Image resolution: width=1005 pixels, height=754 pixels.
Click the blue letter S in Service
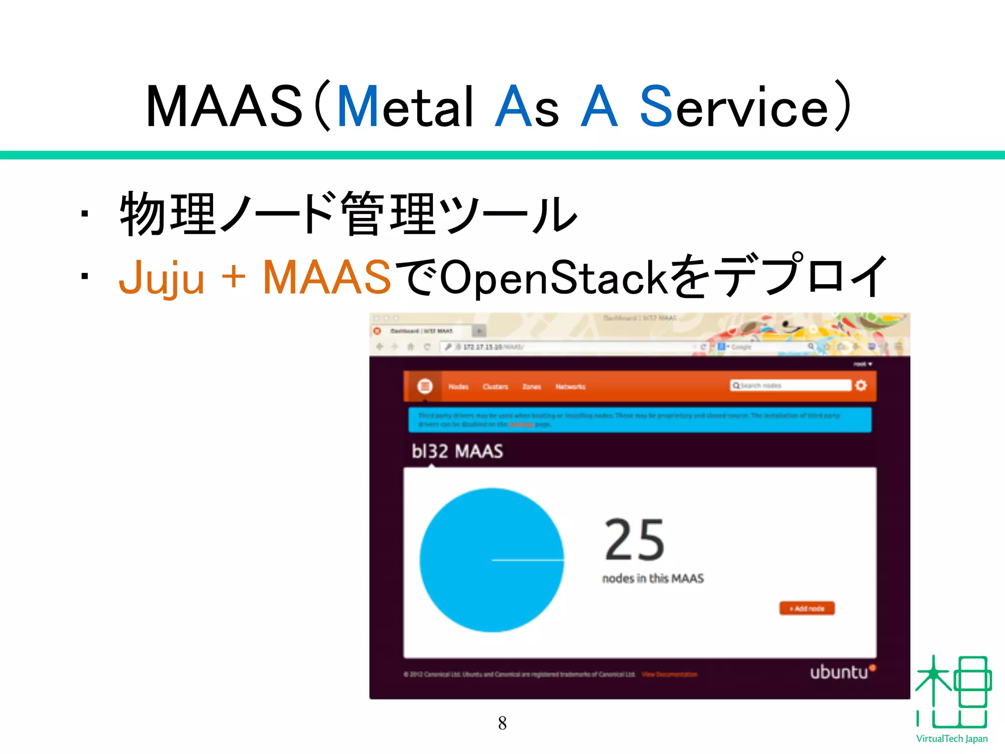point(656,107)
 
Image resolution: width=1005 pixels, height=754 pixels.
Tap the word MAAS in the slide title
point(224,107)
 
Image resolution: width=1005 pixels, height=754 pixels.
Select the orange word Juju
point(161,278)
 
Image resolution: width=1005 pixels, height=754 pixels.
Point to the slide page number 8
point(502,723)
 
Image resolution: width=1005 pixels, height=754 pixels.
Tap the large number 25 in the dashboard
point(635,540)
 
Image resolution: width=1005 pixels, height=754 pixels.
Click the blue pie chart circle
point(492,560)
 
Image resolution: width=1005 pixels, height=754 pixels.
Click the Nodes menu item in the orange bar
point(458,387)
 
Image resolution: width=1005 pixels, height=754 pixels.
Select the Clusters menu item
point(495,387)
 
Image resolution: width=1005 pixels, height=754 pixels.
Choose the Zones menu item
point(531,387)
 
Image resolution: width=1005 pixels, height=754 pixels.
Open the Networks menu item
point(570,387)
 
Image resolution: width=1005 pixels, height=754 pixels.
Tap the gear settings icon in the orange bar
point(861,385)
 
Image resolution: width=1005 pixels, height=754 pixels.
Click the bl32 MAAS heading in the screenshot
point(457,451)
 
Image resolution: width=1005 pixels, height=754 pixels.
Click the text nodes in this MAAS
point(653,579)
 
